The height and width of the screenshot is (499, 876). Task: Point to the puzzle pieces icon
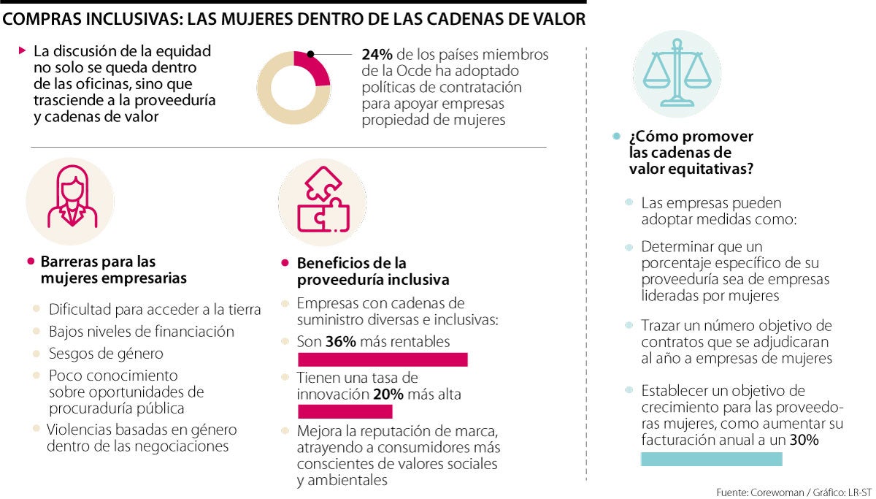coord(322,202)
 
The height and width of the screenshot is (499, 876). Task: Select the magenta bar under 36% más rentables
coord(383,359)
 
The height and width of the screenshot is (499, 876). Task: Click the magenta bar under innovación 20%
coord(335,411)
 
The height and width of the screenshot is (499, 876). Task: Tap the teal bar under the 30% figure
coord(711,459)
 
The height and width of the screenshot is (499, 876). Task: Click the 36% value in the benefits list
coord(340,341)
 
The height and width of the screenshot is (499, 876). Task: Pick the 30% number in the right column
coord(804,441)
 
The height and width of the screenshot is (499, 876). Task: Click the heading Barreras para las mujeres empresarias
coord(113,270)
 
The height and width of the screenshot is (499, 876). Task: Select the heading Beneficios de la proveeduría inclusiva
coord(372,271)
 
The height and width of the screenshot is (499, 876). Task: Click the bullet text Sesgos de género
coord(106,354)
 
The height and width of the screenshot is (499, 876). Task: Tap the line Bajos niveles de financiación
coord(142,332)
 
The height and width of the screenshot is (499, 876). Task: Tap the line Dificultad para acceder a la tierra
coord(155,310)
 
